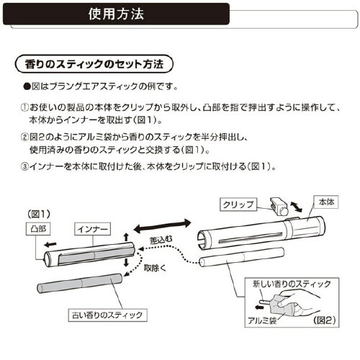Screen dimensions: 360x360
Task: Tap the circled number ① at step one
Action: tap(22, 106)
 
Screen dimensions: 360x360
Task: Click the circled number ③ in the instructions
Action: tap(22, 167)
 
